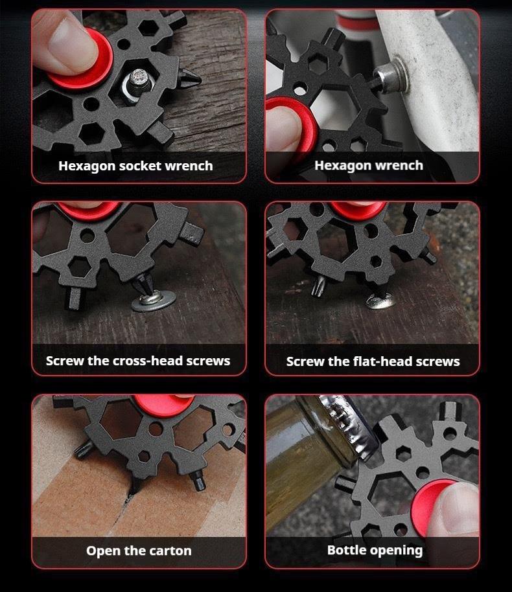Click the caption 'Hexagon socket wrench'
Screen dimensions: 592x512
tap(135, 166)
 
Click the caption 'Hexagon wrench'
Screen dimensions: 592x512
tap(369, 166)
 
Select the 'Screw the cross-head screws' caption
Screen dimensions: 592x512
tap(138, 361)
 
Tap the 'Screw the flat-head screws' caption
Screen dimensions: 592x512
tap(373, 361)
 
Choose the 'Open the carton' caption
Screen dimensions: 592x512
tap(139, 551)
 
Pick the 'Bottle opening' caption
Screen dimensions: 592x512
tap(375, 551)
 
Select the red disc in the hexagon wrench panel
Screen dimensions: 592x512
tap(292, 126)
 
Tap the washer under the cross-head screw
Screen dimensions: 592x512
tap(153, 302)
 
